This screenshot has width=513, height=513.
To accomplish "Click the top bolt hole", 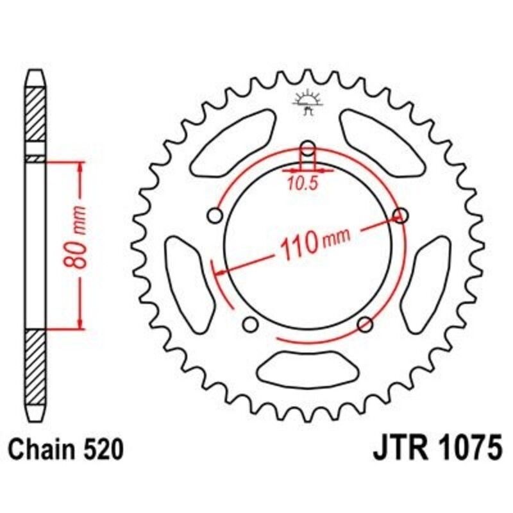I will click(308, 147).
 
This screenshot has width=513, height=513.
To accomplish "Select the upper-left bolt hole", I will click(216, 215).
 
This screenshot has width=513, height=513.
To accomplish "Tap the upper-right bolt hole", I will click(401, 215).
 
